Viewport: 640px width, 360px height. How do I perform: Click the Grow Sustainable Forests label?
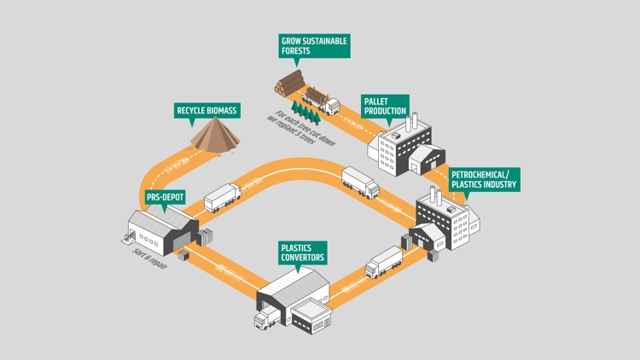pos(314,45)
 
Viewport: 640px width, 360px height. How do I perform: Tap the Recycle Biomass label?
pos(207,110)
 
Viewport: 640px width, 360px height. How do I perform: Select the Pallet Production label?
pos(385,106)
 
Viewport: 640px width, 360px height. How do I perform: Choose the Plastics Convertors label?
pos(303,253)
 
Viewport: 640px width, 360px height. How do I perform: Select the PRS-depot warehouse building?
pos(162,228)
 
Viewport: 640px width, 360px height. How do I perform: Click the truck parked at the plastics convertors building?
pos(265,319)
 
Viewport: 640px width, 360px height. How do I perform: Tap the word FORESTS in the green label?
pos(296,50)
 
